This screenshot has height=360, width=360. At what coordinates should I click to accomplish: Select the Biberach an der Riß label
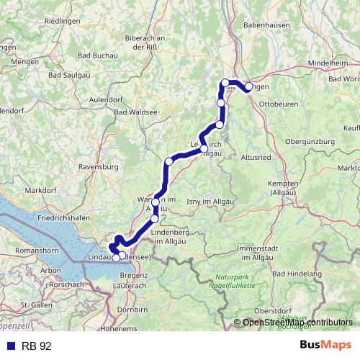pos(145,42)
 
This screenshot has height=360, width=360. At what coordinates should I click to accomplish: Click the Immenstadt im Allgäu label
pos(261,252)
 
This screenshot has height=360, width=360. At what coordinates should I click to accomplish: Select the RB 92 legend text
pos(36,346)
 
